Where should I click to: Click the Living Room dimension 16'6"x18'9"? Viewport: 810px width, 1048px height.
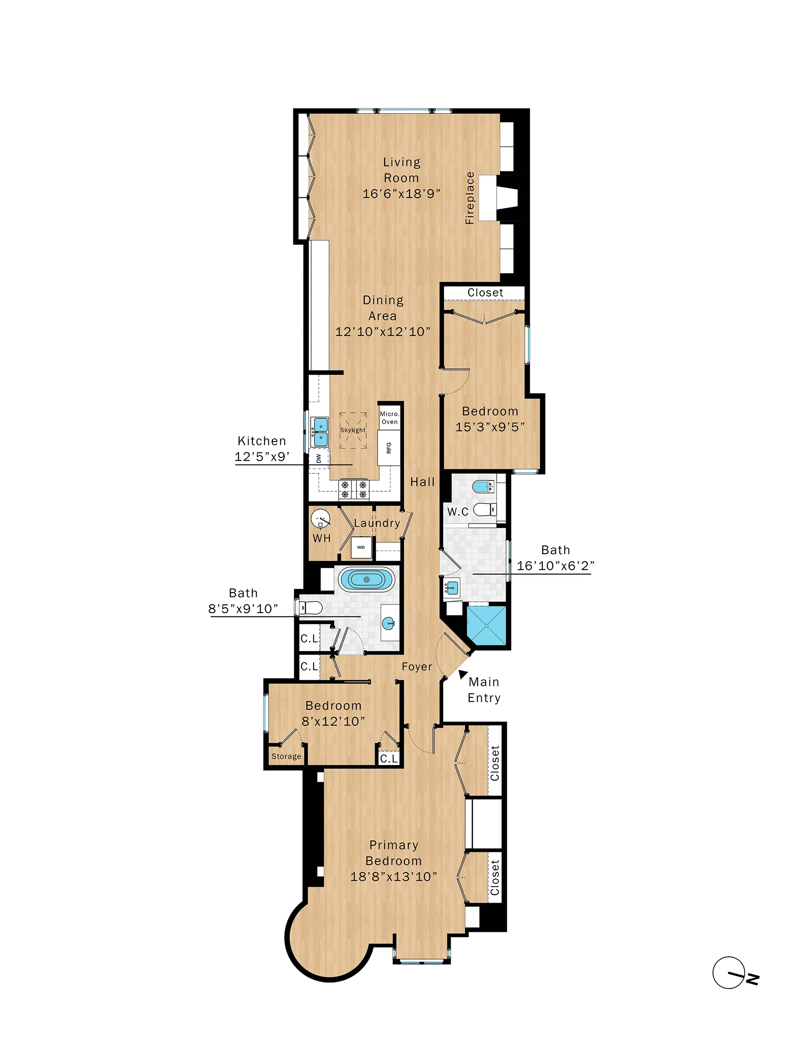coord(401,194)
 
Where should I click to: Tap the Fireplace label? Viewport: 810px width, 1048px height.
coord(470,198)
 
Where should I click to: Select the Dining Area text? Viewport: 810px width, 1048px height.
coord(383,307)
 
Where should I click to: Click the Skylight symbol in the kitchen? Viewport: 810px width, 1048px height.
coord(353,430)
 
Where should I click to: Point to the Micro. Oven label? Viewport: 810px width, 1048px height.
coord(389,417)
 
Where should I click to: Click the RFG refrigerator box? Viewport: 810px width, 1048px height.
coord(389,448)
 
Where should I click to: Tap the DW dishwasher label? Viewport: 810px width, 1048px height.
coord(319,458)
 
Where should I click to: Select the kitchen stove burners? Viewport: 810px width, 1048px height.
coord(354,490)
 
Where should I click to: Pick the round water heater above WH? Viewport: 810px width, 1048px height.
coord(321,519)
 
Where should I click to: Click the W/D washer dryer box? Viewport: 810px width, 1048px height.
coord(361,547)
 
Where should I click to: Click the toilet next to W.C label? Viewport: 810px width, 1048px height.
coord(485,509)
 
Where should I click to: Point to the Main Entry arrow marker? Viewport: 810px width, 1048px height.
coord(462,674)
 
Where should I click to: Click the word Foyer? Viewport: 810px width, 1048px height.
coord(417,666)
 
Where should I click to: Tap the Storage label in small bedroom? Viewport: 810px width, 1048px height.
coord(286,756)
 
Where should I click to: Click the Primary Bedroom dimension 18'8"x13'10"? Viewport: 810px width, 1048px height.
coord(393,877)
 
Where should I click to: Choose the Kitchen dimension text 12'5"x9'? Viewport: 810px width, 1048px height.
coord(262,457)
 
